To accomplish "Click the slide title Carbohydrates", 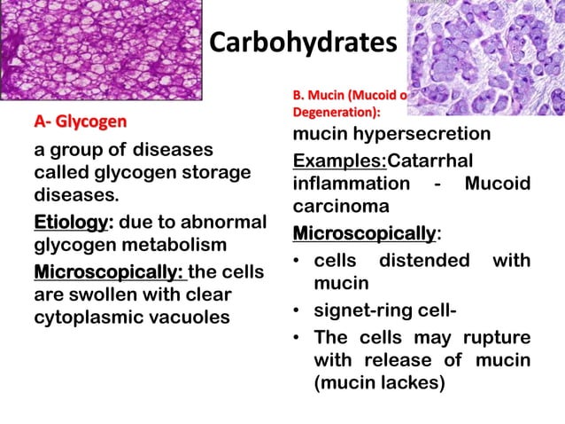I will [302, 43].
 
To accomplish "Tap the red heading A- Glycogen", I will [81, 120].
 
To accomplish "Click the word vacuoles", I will [189, 317].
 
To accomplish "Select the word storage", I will [217, 171].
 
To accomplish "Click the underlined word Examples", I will [337, 161].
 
